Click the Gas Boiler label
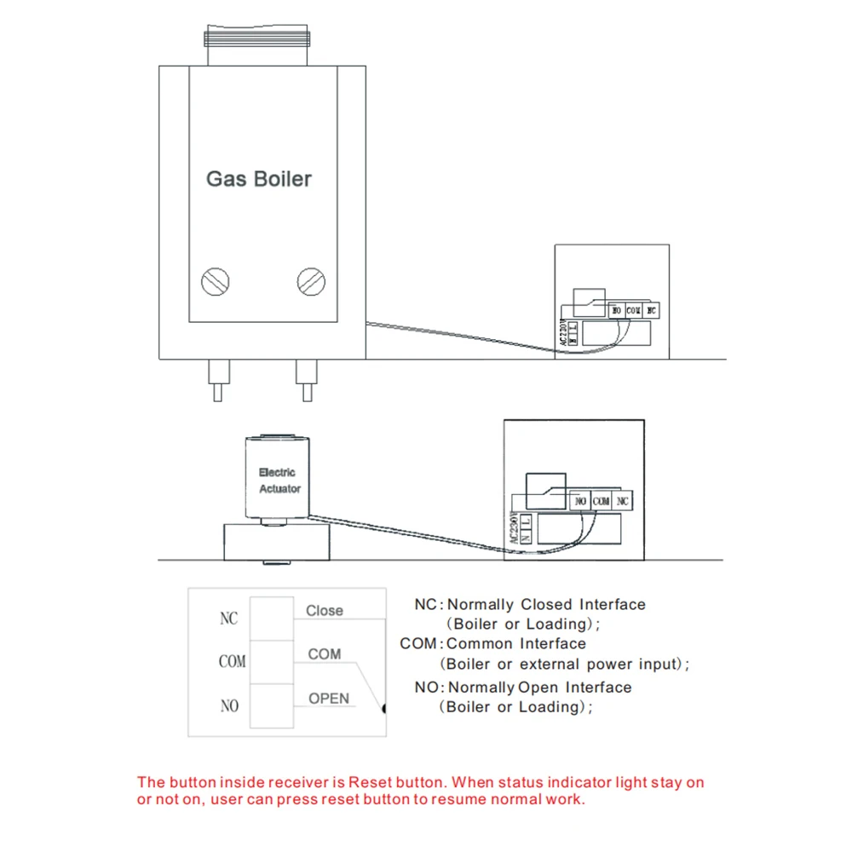coord(259,179)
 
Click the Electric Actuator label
coord(279,481)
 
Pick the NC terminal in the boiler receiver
coord(652,312)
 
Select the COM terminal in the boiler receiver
coord(633,312)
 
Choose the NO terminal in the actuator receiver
coord(580,502)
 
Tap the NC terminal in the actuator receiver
coord(623,502)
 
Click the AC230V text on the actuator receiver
coord(514,527)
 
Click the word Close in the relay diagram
coord(325,611)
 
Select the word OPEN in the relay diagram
coord(329,699)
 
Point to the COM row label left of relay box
coord(232,662)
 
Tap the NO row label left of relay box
coord(229,706)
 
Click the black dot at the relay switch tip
coord(384,707)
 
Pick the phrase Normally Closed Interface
coord(547,605)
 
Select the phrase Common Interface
coord(516,644)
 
